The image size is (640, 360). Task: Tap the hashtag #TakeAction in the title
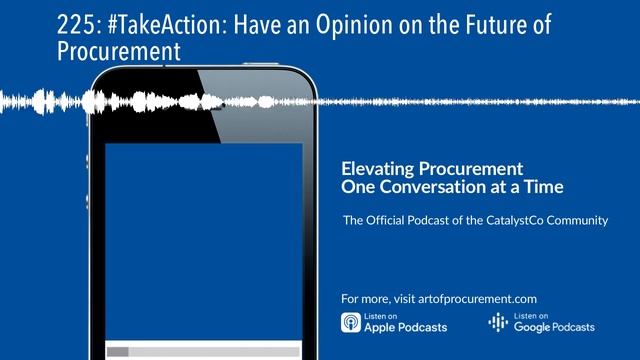(x=113, y=23)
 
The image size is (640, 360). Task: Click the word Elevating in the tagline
(x=377, y=169)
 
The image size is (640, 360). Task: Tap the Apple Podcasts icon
(x=351, y=323)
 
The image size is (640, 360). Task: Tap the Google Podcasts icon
(x=497, y=323)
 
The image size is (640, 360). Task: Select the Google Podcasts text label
(x=553, y=327)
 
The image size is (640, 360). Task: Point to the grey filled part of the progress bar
(x=118, y=351)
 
